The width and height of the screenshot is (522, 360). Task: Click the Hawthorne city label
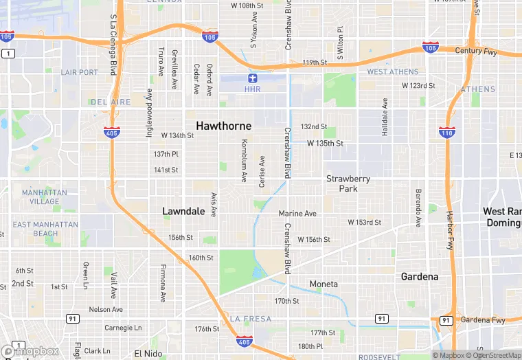223,126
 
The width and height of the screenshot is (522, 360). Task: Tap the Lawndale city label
183,212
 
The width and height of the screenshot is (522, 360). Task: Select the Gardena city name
420,277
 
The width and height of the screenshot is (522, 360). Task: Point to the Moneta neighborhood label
324,284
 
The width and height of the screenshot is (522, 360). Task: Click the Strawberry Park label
348,183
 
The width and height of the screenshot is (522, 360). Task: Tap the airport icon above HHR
252,78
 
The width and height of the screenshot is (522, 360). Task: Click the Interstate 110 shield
446,132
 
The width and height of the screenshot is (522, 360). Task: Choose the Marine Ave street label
297,214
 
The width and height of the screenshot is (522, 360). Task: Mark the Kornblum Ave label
244,161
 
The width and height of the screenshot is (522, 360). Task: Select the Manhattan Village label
41,197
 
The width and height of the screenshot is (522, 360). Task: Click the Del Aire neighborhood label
110,102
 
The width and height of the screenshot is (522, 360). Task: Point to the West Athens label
392,71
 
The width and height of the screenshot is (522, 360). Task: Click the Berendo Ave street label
418,207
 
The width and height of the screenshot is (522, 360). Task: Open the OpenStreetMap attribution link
492,355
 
